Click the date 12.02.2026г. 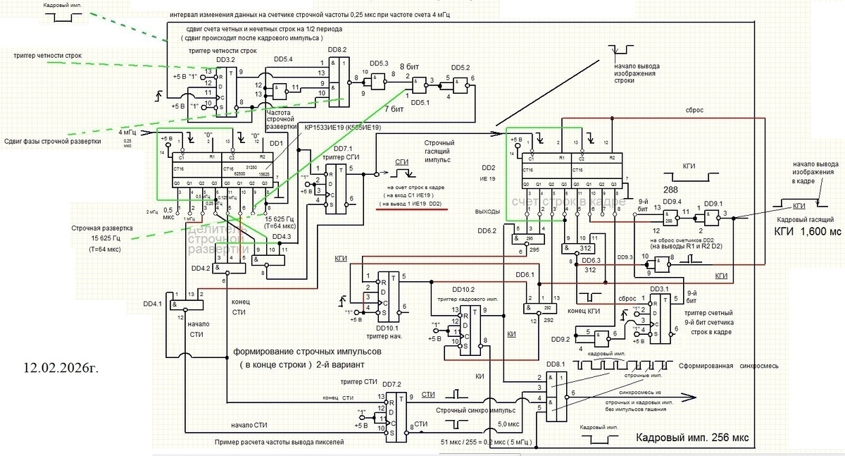pos(63,369)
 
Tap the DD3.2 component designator pos(227,60)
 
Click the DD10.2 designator pos(465,289)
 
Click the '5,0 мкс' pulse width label pos(510,424)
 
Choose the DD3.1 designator pos(660,288)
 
